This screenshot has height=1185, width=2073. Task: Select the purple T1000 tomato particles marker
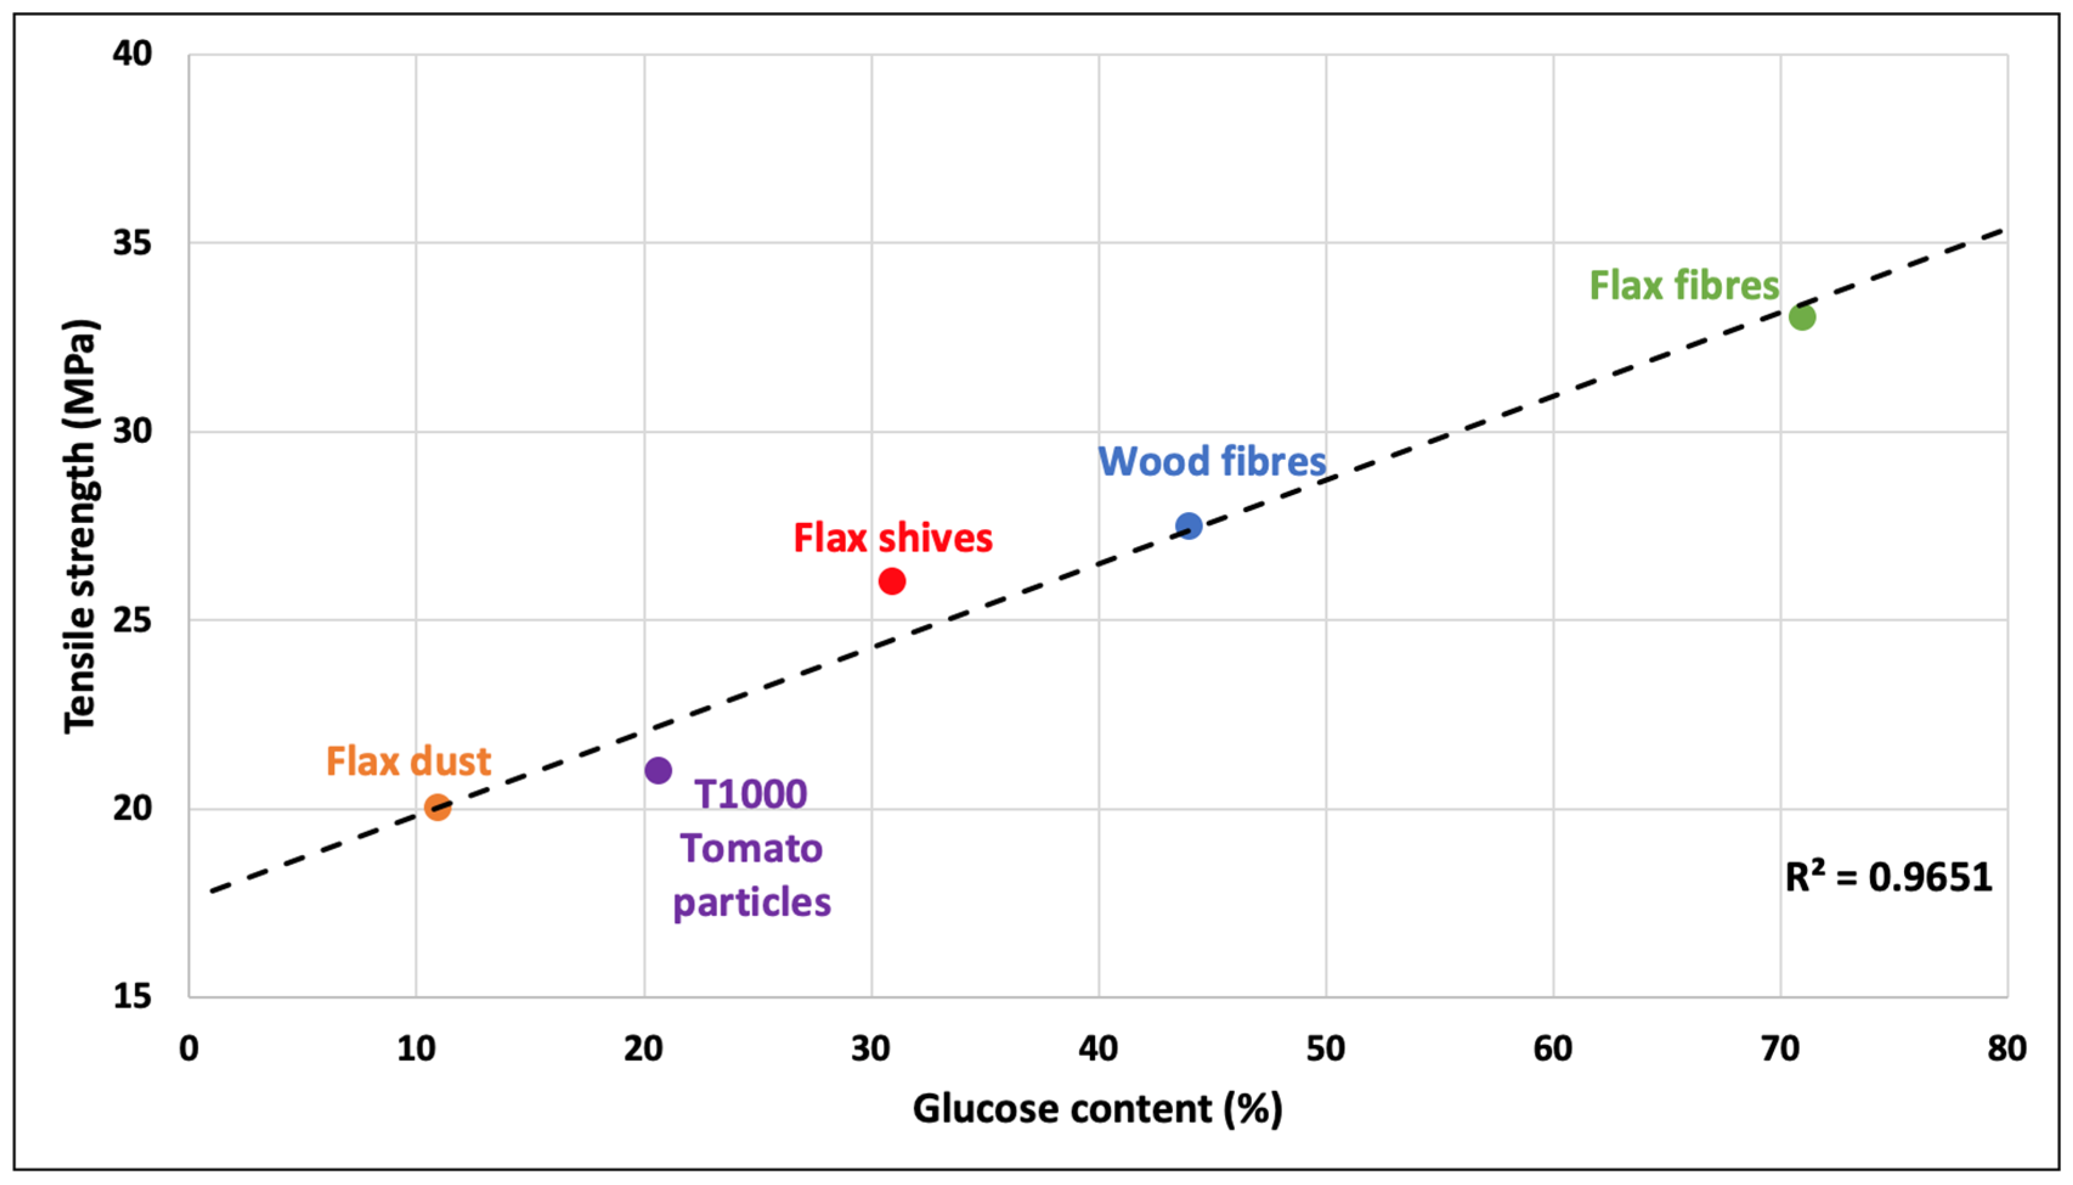658,770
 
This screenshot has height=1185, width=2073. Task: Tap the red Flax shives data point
892,581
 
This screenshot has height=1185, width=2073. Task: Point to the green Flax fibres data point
1802,316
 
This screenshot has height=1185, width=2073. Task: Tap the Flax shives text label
893,538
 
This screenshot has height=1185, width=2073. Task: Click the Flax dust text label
409,762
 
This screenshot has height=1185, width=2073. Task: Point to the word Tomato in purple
751,849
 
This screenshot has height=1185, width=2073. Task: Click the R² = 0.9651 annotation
1888,877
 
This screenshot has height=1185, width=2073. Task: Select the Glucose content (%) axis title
1097,1108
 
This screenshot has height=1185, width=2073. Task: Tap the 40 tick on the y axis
132,53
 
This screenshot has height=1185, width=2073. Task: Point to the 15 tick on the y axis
132,995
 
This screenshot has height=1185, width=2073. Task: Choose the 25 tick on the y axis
132,620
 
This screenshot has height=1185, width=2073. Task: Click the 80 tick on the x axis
2006,1049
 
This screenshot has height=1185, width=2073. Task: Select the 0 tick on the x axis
189,1049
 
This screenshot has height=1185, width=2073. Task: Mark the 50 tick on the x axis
1325,1049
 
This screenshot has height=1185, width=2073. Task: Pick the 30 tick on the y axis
132,431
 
